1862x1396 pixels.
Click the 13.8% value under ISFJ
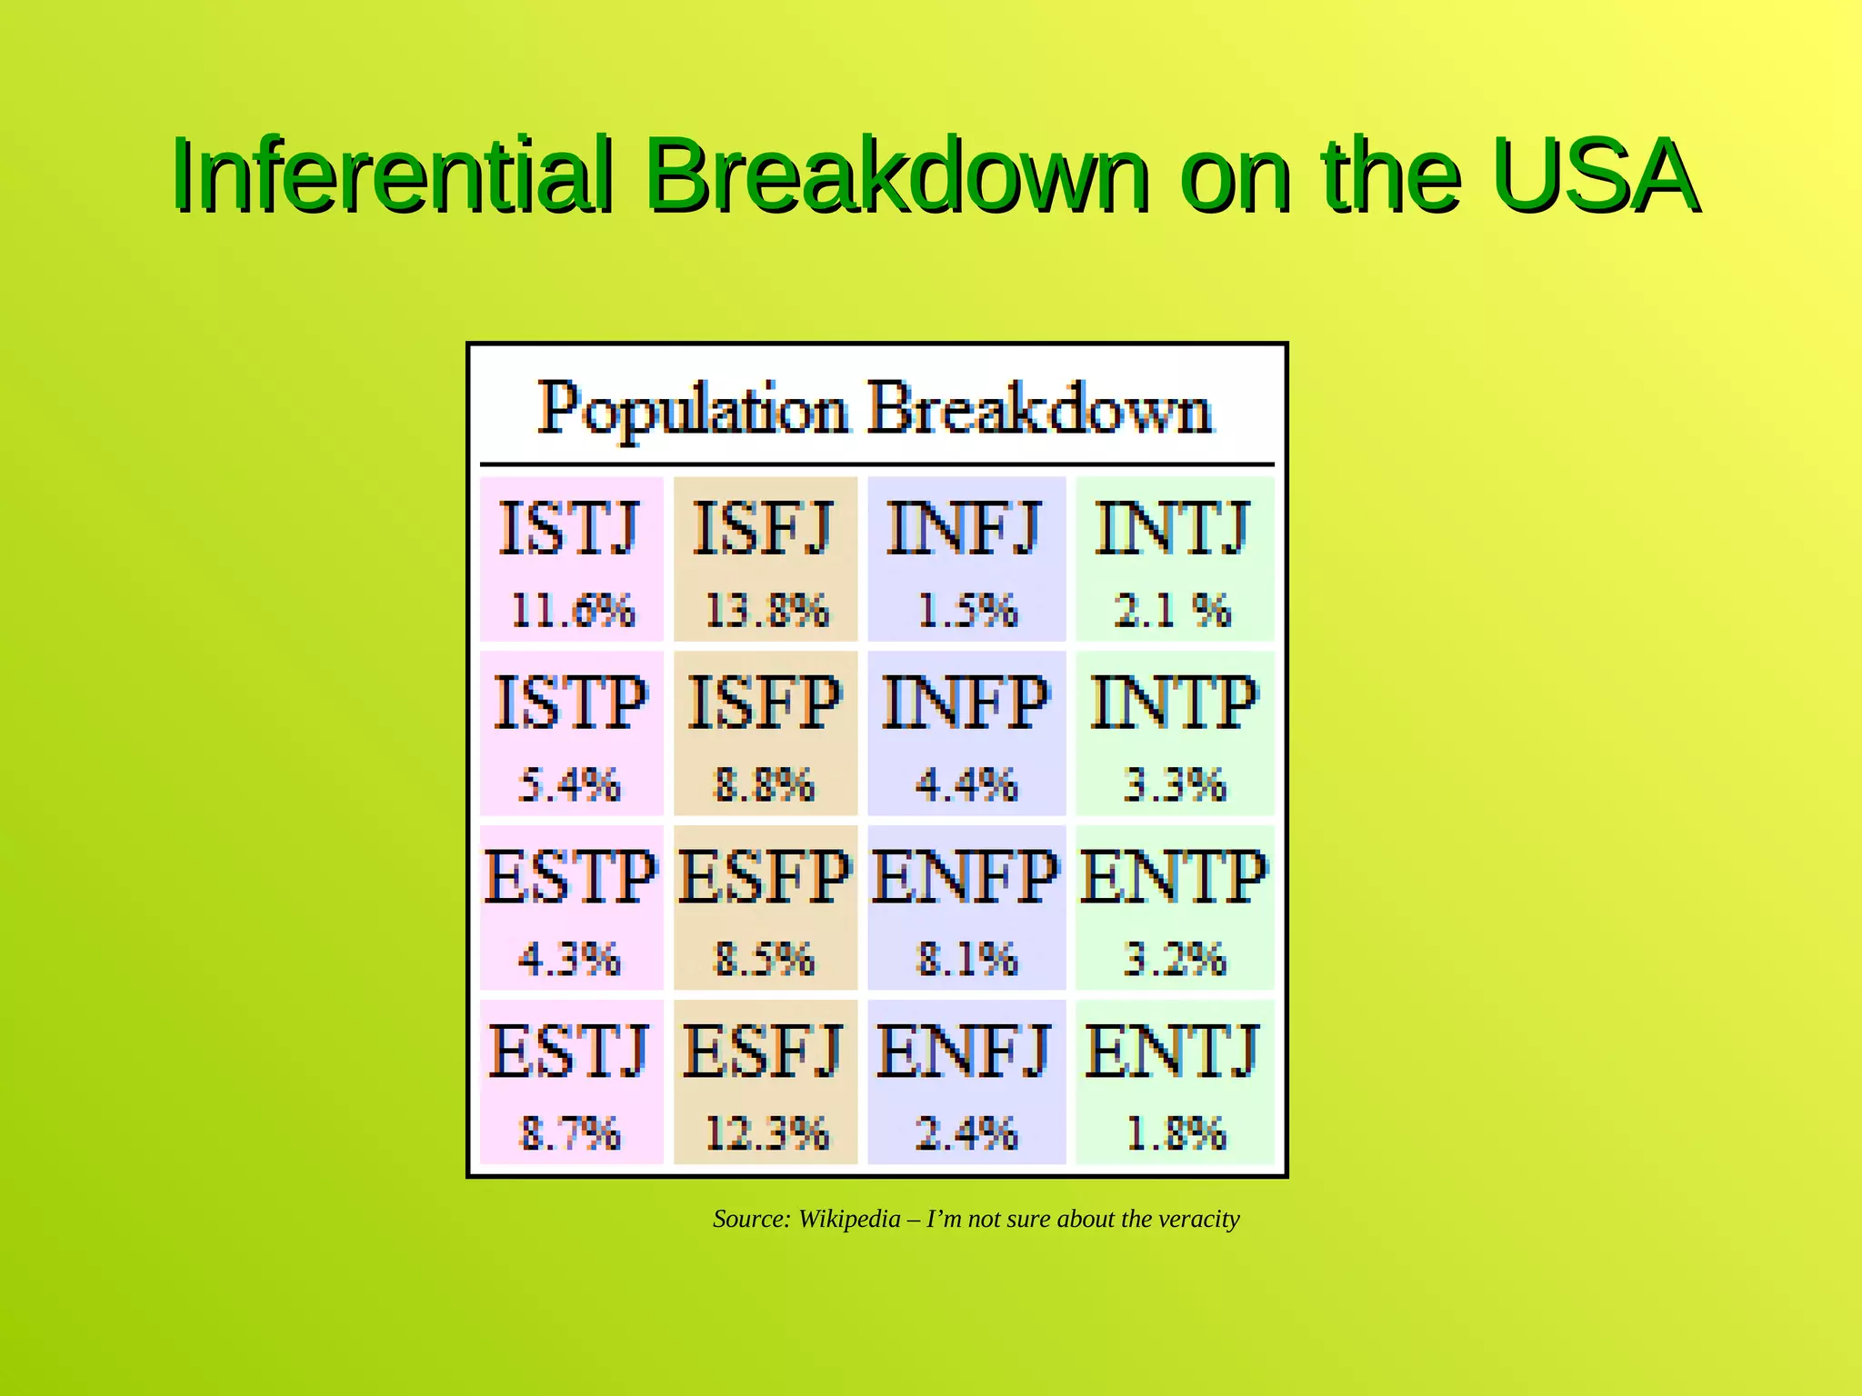(766, 610)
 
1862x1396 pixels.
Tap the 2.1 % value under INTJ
(1173, 610)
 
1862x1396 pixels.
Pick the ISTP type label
(570, 703)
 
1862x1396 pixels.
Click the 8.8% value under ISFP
(765, 784)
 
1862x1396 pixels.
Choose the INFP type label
(966, 703)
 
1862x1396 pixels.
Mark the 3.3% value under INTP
(1174, 784)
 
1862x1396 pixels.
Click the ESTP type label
(570, 877)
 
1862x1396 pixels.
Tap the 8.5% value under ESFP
(765, 959)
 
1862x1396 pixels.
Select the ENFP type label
(966, 877)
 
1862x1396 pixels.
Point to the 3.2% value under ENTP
(1174, 959)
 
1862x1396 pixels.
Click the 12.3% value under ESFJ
(766, 1133)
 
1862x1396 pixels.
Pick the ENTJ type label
(1173, 1052)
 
